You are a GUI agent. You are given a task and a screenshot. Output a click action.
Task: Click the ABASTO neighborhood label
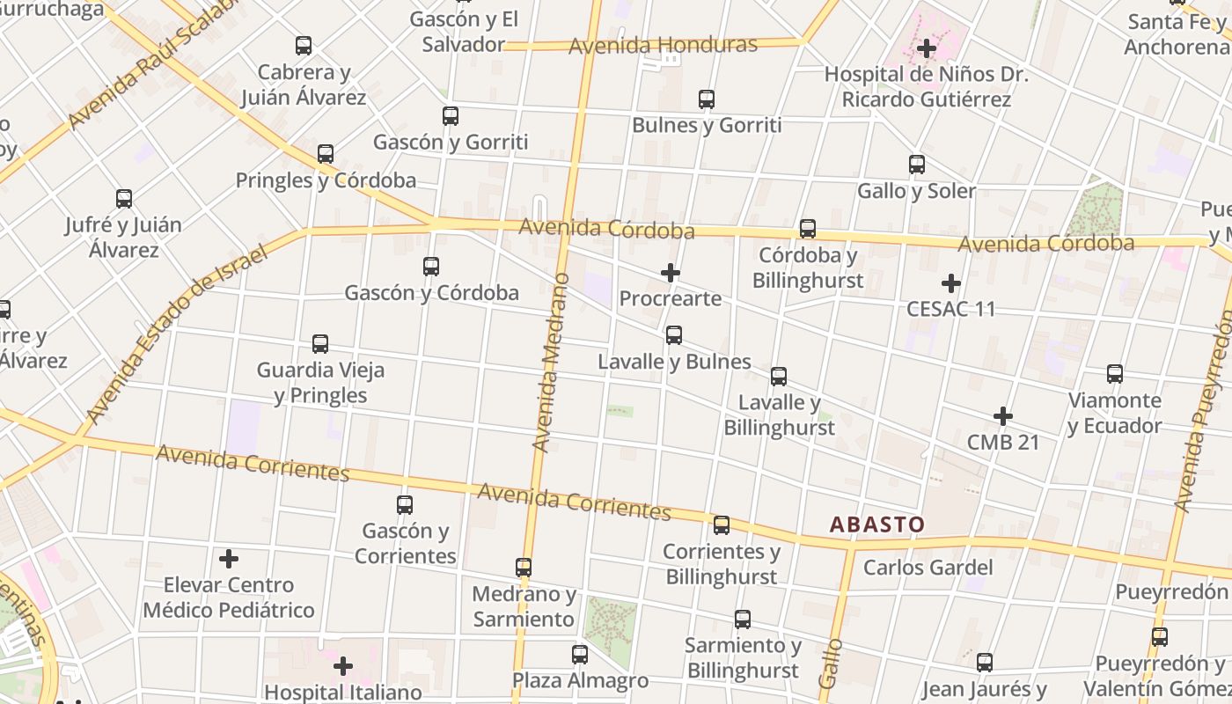[877, 525]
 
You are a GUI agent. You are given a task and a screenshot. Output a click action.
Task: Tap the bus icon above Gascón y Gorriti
[451, 115]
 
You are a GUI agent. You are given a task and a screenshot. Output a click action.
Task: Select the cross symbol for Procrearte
[671, 273]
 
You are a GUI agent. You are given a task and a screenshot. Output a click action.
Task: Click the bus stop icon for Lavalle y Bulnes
[674, 335]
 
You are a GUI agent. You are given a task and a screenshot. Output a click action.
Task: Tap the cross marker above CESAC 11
[950, 283]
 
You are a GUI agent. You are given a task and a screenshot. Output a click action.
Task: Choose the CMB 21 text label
[1003, 442]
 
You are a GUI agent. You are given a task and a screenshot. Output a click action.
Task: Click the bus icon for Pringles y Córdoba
[326, 154]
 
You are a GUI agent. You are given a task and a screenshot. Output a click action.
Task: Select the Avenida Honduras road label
[663, 45]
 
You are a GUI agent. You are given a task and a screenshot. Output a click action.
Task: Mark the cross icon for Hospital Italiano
[343, 666]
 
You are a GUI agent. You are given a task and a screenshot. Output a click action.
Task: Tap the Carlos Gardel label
[928, 568]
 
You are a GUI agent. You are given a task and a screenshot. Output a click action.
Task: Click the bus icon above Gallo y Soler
[917, 165]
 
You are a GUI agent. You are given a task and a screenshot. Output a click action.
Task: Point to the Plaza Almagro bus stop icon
[580, 655]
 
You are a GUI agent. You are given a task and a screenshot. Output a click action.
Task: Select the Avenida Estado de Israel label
[176, 334]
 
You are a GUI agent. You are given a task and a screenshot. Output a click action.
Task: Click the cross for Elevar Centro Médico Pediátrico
[229, 559]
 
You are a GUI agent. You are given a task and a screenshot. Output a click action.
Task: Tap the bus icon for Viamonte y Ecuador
[1115, 374]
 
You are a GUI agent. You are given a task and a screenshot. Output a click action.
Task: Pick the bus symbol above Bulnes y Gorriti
[707, 99]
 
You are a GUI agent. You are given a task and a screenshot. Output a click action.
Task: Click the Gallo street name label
[831, 664]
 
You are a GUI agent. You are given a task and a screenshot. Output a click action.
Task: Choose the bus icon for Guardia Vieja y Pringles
[320, 344]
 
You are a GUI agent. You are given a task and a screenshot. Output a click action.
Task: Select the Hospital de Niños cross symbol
[927, 48]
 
